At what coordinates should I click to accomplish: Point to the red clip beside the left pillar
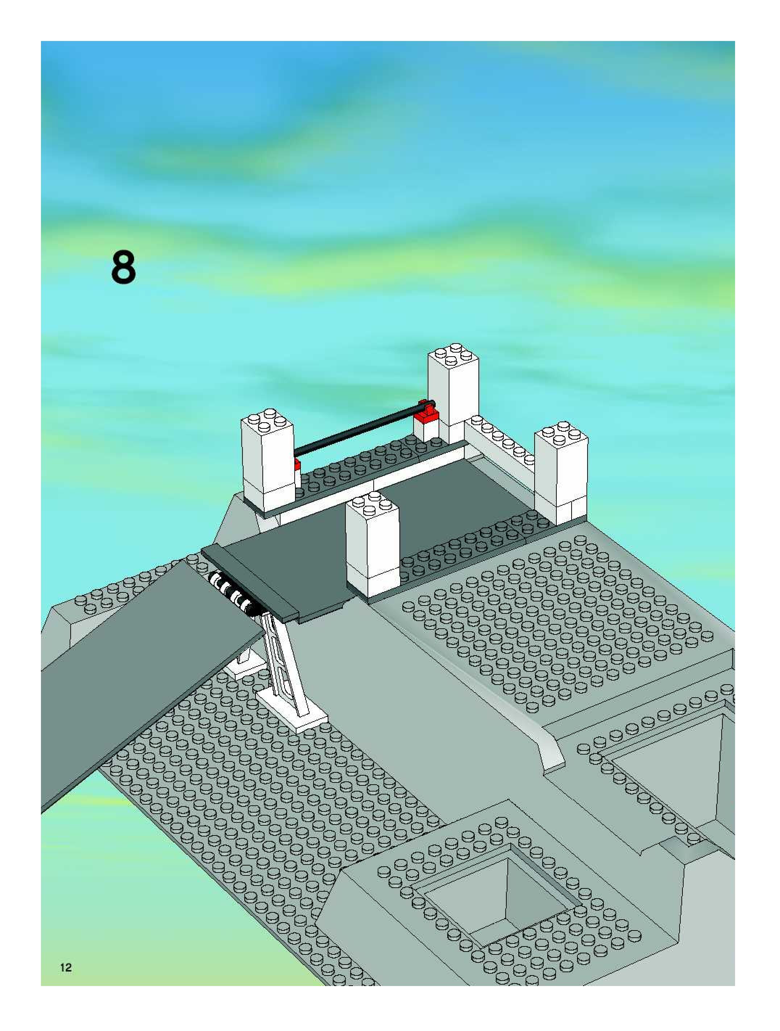click(296, 464)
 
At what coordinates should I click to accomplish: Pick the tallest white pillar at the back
click(453, 396)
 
